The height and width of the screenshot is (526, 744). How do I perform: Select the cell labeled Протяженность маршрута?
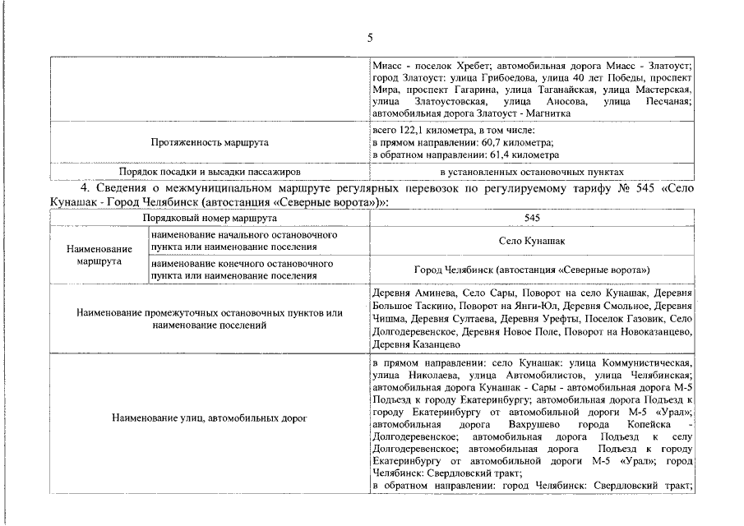coord(210,142)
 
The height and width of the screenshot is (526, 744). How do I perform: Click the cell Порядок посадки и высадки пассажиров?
coord(210,172)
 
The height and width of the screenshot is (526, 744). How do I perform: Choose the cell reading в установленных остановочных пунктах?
coord(532,172)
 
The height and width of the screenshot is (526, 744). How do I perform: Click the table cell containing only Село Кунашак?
coord(532,241)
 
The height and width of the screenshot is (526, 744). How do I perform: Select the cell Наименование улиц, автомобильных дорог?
coord(210,418)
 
